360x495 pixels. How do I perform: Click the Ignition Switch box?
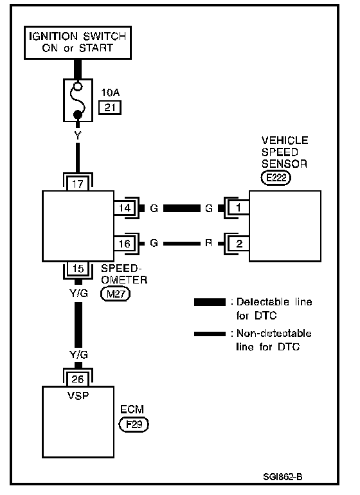[78, 42]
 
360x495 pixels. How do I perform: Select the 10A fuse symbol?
[78, 100]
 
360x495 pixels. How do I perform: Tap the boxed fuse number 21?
[110, 107]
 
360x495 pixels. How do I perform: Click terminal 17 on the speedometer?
[78, 184]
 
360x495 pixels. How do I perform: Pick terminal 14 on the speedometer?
[125, 208]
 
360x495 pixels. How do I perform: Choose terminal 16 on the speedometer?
[125, 244]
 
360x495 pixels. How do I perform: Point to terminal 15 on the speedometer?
[78, 268]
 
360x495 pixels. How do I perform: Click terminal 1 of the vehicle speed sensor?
[239, 208]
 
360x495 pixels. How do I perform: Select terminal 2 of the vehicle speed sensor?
[239, 244]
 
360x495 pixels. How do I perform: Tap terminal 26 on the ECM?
[78, 379]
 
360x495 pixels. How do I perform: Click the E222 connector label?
[276, 177]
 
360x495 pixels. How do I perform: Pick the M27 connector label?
[115, 294]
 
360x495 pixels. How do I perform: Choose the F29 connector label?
[134, 424]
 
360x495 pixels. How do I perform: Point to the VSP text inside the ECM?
[78, 395]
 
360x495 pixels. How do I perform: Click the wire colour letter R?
[208, 243]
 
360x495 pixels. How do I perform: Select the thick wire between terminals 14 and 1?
[181, 208]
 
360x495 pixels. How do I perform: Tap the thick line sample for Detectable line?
[210, 302]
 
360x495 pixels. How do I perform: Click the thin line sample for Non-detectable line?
[210, 334]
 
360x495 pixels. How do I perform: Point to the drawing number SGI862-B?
[283, 476]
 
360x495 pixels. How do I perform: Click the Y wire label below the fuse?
[78, 136]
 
